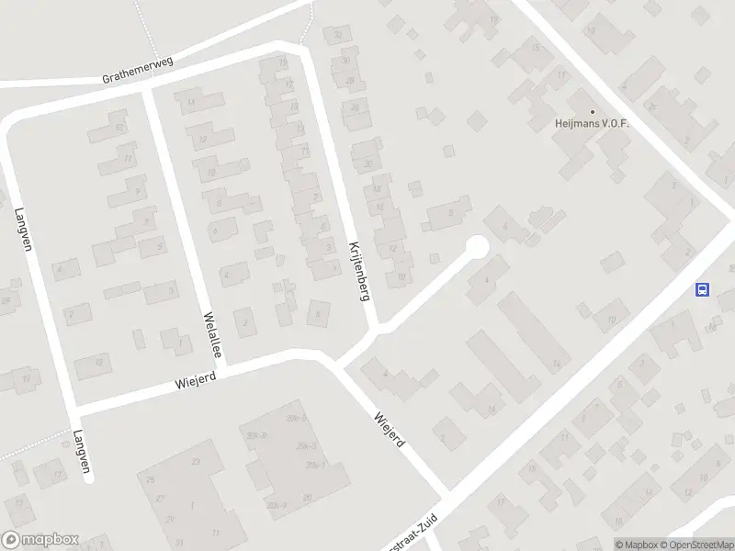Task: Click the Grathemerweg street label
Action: [139, 70]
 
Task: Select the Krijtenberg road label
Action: [358, 272]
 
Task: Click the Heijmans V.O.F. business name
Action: [592, 123]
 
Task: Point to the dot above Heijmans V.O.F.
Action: [592, 111]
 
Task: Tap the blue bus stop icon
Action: [702, 289]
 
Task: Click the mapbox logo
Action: [40, 540]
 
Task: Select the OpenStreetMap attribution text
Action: [697, 545]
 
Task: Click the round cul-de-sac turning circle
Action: [476, 247]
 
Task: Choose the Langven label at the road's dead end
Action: [82, 452]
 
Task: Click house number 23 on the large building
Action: [195, 462]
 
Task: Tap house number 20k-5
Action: [304, 447]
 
